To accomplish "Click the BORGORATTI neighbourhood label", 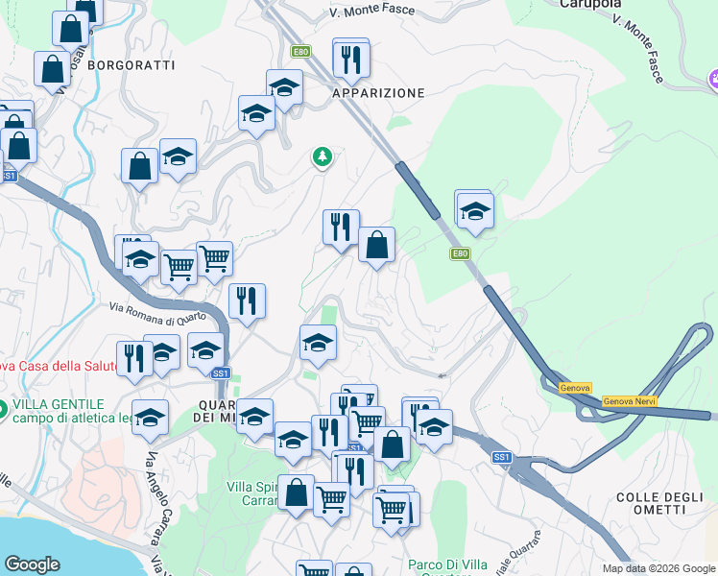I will [132, 66].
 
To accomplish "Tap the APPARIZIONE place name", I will [377, 93].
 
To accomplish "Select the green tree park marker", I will [323, 156].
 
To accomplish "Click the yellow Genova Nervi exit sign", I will [630, 400].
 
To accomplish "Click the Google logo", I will [32, 564].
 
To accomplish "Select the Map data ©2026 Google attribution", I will [658, 568].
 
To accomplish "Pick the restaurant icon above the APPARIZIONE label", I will [351, 60].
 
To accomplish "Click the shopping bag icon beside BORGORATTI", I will [52, 69].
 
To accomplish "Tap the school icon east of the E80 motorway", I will [474, 211].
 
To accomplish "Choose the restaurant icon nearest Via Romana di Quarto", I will [248, 301].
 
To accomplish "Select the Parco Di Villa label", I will [447, 564].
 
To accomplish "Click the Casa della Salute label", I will [53, 366].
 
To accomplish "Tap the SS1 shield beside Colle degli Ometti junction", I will [501, 458].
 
